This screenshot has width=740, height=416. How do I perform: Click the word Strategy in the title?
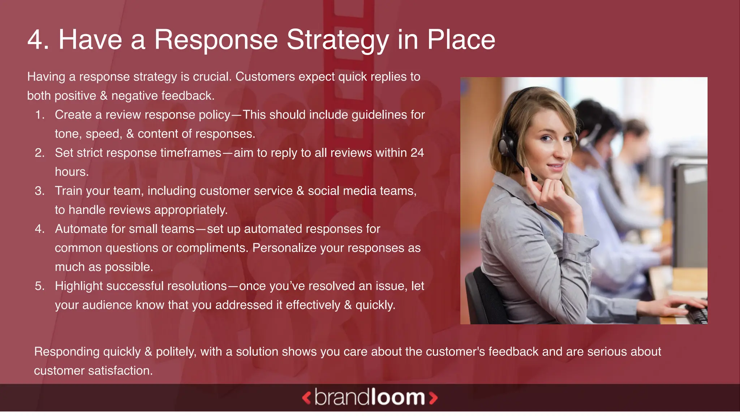[337, 40]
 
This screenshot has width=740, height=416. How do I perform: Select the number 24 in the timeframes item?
[417, 153]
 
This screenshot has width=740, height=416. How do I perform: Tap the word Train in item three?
[69, 191]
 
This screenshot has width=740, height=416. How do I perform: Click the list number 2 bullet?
[39, 153]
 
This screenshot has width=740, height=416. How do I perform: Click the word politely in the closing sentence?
[176, 352]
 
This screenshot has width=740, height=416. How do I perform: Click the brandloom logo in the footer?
[369, 398]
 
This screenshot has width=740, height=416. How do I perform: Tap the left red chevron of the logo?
[306, 398]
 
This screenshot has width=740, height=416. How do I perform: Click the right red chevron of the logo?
[433, 398]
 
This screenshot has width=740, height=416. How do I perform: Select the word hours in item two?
[72, 172]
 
